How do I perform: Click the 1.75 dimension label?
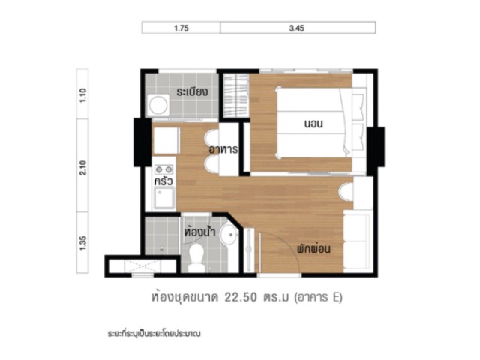(181, 28)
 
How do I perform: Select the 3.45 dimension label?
(297, 28)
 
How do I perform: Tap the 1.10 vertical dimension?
(83, 95)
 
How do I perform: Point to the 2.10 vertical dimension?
(83, 168)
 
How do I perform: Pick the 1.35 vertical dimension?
(83, 243)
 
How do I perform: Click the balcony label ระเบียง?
(192, 91)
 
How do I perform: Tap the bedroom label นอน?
(313, 124)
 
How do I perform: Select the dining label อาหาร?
(223, 150)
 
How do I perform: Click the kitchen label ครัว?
(163, 181)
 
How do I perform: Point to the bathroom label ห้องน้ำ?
(200, 231)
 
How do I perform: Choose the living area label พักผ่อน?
(313, 248)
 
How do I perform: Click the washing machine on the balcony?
(158, 105)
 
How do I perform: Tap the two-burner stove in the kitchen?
(163, 169)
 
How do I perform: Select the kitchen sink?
(164, 198)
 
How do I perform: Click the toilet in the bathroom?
(196, 258)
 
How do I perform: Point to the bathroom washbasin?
(229, 234)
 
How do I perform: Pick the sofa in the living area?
(357, 241)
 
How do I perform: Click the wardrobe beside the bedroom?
(235, 95)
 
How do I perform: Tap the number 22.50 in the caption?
(241, 297)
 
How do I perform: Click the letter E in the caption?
(335, 297)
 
